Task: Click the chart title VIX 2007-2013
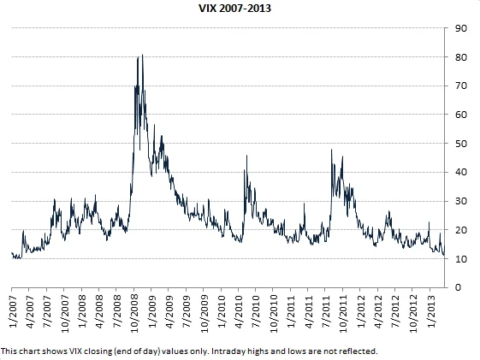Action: [x=240, y=9]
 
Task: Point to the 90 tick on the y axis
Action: [x=460, y=28]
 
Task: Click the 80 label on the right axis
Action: [x=460, y=57]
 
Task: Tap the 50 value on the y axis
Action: [x=460, y=144]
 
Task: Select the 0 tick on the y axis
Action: [x=458, y=287]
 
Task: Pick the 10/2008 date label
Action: [x=136, y=316]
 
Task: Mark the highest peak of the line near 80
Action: [x=142, y=55]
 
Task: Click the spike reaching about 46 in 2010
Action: [x=247, y=156]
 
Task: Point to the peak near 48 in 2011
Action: [x=330, y=150]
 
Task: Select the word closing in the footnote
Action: [x=86, y=351]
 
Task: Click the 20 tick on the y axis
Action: [x=460, y=230]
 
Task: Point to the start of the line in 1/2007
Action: [x=11, y=253]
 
